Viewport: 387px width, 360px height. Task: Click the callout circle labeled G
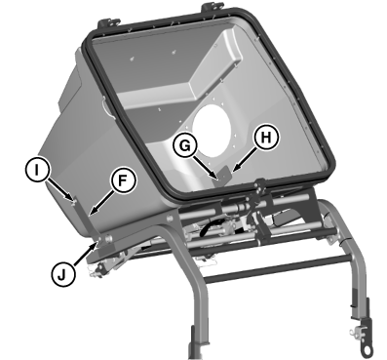pyautogui.click(x=185, y=145)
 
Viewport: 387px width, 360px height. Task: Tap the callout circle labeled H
pyautogui.click(x=266, y=138)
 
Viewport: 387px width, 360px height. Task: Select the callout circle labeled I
pyautogui.click(x=37, y=170)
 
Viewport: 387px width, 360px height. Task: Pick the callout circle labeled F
pyautogui.click(x=122, y=181)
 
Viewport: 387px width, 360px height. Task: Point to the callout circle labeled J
pyautogui.click(x=62, y=275)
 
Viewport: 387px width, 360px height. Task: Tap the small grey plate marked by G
pyautogui.click(x=222, y=176)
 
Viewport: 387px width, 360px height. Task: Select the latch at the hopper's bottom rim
pyautogui.click(x=259, y=186)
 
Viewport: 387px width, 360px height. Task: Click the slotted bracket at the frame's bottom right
pyautogui.click(x=364, y=339)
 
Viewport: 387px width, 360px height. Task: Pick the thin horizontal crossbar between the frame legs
pyautogui.click(x=279, y=267)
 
